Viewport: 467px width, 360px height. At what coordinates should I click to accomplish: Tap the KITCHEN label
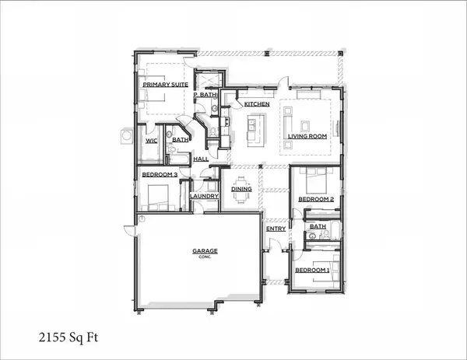pyautogui.click(x=257, y=103)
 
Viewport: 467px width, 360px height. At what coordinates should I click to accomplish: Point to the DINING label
pyautogui.click(x=241, y=188)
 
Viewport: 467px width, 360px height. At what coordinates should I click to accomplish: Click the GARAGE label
pyautogui.click(x=205, y=251)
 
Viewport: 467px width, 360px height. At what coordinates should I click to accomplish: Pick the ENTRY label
pyautogui.click(x=276, y=229)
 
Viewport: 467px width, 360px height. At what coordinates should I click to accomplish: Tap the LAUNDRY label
pyautogui.click(x=204, y=197)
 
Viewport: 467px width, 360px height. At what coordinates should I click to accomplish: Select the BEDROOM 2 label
pyautogui.click(x=315, y=200)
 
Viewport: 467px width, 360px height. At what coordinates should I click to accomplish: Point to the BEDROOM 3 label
pyautogui.click(x=160, y=175)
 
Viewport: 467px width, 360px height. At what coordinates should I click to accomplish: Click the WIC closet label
pyautogui.click(x=153, y=141)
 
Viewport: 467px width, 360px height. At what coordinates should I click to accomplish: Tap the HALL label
pyautogui.click(x=200, y=159)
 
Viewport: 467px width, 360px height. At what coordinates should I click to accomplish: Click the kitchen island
pyautogui.click(x=253, y=129)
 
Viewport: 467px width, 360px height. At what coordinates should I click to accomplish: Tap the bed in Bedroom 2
pyautogui.click(x=314, y=182)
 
